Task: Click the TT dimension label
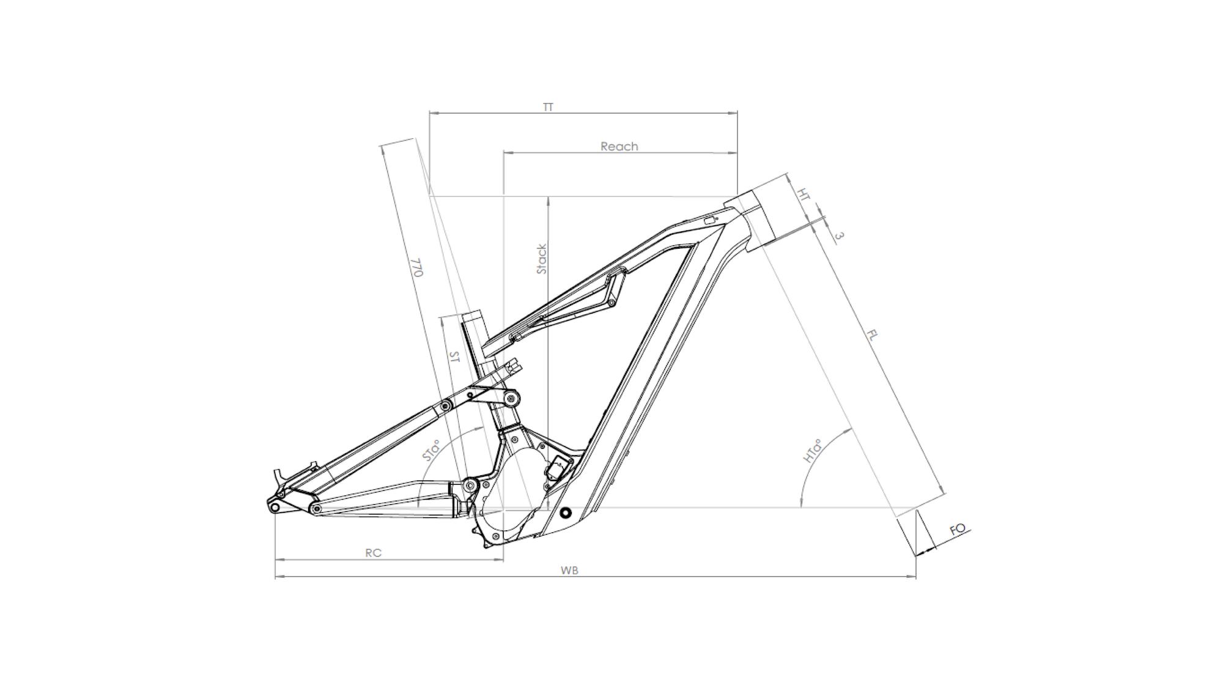click(548, 107)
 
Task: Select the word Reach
click(619, 147)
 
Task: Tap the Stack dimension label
click(542, 259)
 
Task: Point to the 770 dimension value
click(416, 267)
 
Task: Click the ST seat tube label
click(454, 357)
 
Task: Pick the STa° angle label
click(432, 451)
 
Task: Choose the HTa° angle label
click(812, 451)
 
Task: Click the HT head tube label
click(804, 194)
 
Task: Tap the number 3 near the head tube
click(839, 235)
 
